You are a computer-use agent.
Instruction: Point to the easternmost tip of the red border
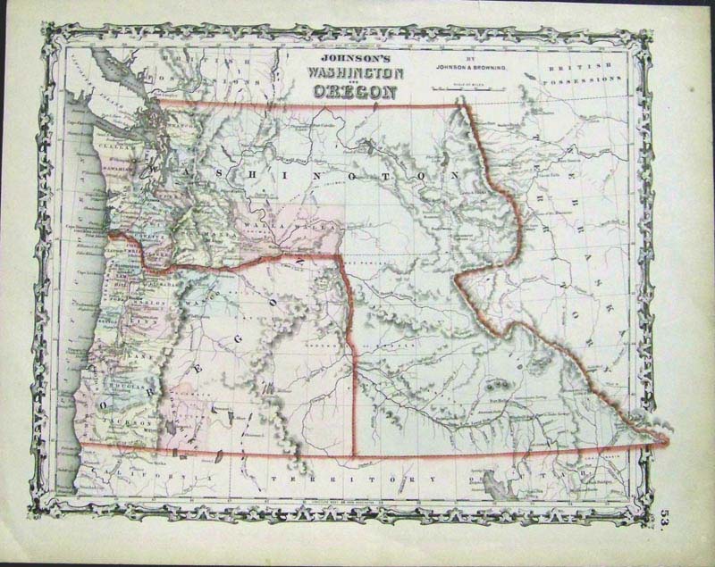[667, 439]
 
